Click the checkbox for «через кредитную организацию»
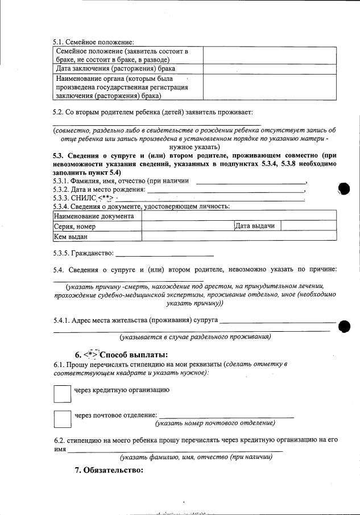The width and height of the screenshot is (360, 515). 61,393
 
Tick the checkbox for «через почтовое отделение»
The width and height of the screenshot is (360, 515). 61,419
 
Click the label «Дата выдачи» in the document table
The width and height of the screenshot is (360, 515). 255,226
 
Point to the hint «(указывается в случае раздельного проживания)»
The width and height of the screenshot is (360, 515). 191,336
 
